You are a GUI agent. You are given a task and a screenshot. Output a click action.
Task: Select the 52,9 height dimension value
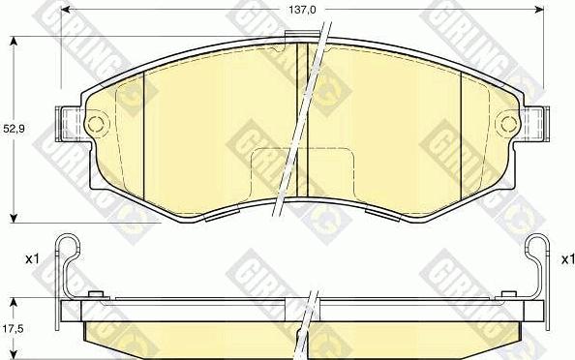(11, 127)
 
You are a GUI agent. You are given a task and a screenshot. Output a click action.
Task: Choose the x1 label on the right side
(566, 259)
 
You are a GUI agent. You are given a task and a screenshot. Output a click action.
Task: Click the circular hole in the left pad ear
(93, 125)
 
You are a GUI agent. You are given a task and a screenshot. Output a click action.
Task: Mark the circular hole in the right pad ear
(506, 124)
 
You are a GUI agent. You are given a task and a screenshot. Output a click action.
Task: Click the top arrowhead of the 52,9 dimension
(13, 41)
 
